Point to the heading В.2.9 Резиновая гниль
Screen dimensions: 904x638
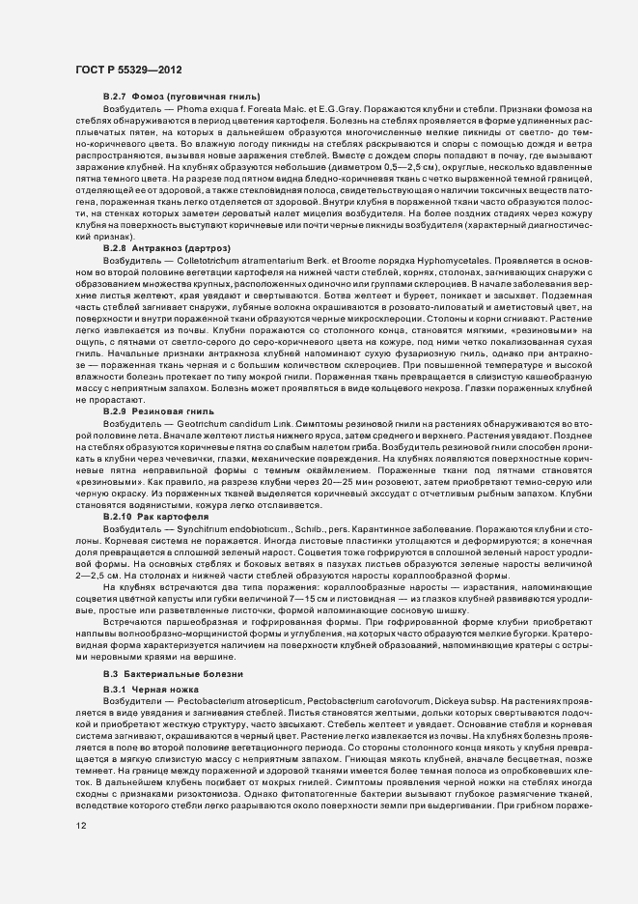[x=153, y=411]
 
